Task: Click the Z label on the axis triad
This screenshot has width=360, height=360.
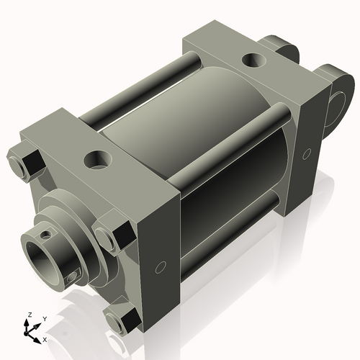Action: (28, 315)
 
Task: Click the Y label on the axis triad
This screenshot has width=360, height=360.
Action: (44, 318)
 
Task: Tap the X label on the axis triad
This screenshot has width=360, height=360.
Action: (45, 338)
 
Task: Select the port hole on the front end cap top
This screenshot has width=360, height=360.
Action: (97, 156)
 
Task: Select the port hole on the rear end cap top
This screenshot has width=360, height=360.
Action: (253, 60)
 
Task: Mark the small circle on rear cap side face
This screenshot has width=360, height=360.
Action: (307, 153)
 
